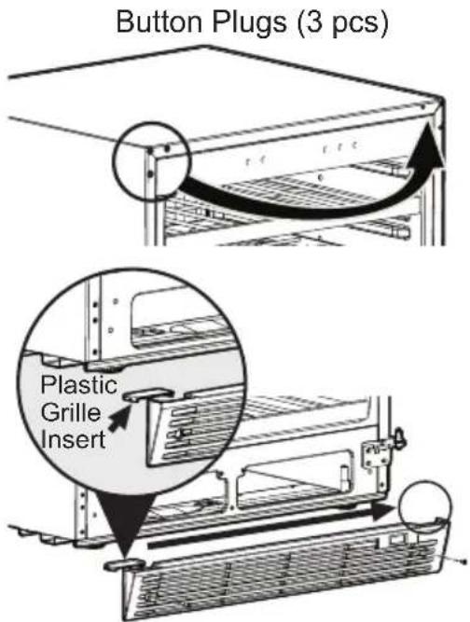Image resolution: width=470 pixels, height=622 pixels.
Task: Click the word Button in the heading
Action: pos(159,22)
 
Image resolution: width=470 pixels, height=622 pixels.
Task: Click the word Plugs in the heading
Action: pos(250,24)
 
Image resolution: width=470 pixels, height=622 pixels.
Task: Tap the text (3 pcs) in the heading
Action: pos(342,24)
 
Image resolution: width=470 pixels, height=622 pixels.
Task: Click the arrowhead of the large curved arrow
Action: pos(430,145)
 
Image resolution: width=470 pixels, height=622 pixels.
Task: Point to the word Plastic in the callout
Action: pos(79,384)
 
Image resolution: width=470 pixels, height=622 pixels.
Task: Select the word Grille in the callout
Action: pos(71,412)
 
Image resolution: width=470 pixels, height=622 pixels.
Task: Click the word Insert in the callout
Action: pos(73,439)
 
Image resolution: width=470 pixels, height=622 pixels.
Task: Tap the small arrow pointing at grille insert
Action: pos(119,420)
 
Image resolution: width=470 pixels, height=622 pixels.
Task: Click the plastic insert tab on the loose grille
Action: pos(123,565)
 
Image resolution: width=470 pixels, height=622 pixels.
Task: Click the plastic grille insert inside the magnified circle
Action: pos(148,394)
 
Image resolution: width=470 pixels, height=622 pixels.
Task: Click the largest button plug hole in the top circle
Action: pos(167,148)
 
